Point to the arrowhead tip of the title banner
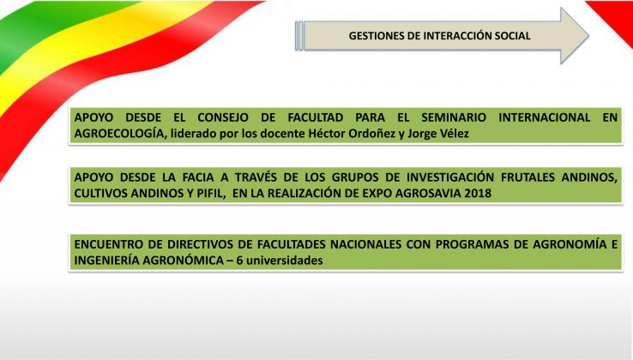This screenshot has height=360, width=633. click(588, 35)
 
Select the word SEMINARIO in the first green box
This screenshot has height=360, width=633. click(454, 117)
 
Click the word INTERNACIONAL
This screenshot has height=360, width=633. click(544, 117)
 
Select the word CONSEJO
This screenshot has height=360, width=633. click(223, 117)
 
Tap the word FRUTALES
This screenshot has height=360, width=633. click(527, 177)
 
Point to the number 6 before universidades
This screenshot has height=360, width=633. click(239, 261)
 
